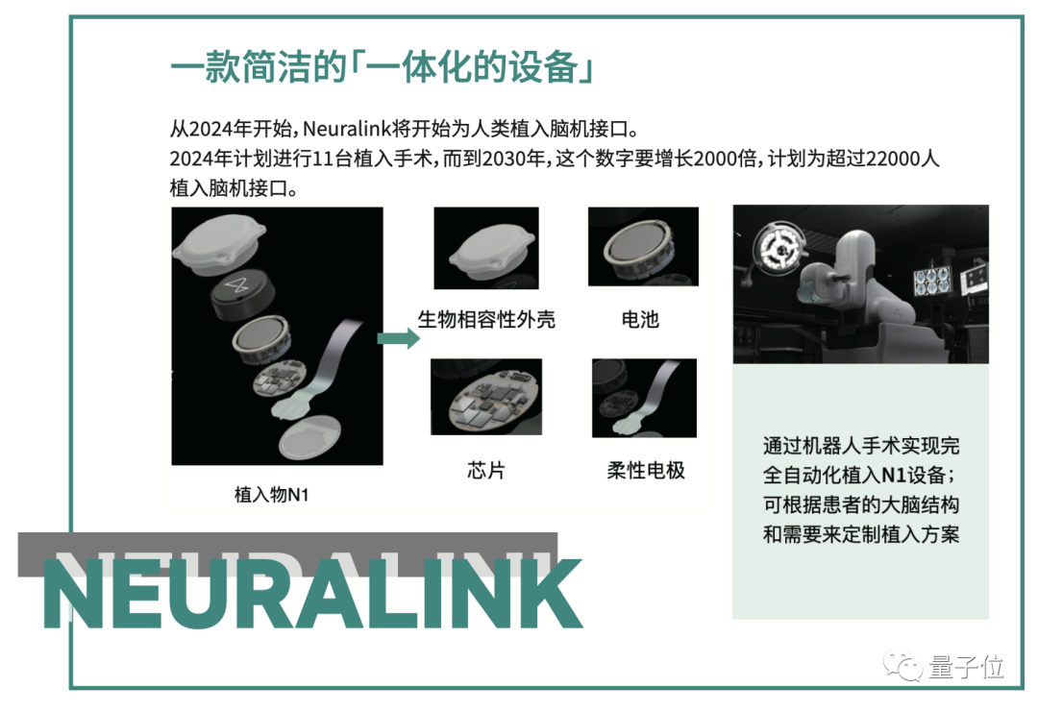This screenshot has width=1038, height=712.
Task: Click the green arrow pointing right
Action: (x=398, y=339)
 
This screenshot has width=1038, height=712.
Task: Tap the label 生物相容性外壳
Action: (x=486, y=320)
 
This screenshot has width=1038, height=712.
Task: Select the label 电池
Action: (x=640, y=320)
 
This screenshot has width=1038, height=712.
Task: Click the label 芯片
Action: (x=486, y=471)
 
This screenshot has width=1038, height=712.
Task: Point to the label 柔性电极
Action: (x=646, y=471)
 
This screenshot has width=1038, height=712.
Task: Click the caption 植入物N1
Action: (x=271, y=494)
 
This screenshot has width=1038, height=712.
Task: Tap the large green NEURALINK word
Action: (x=312, y=594)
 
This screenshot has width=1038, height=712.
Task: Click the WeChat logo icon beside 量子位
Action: (x=902, y=665)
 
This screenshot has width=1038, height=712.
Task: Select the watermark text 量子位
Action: (x=966, y=666)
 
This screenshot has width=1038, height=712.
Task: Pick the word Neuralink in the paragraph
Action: (x=347, y=129)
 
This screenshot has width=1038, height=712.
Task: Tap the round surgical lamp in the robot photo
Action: (x=780, y=250)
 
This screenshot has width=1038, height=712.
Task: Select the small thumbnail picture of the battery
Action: (x=643, y=246)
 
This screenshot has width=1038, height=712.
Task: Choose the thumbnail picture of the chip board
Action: (x=486, y=397)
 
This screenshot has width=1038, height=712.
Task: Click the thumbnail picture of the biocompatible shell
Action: (x=486, y=248)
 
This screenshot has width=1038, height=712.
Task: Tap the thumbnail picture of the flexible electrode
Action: (x=644, y=398)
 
